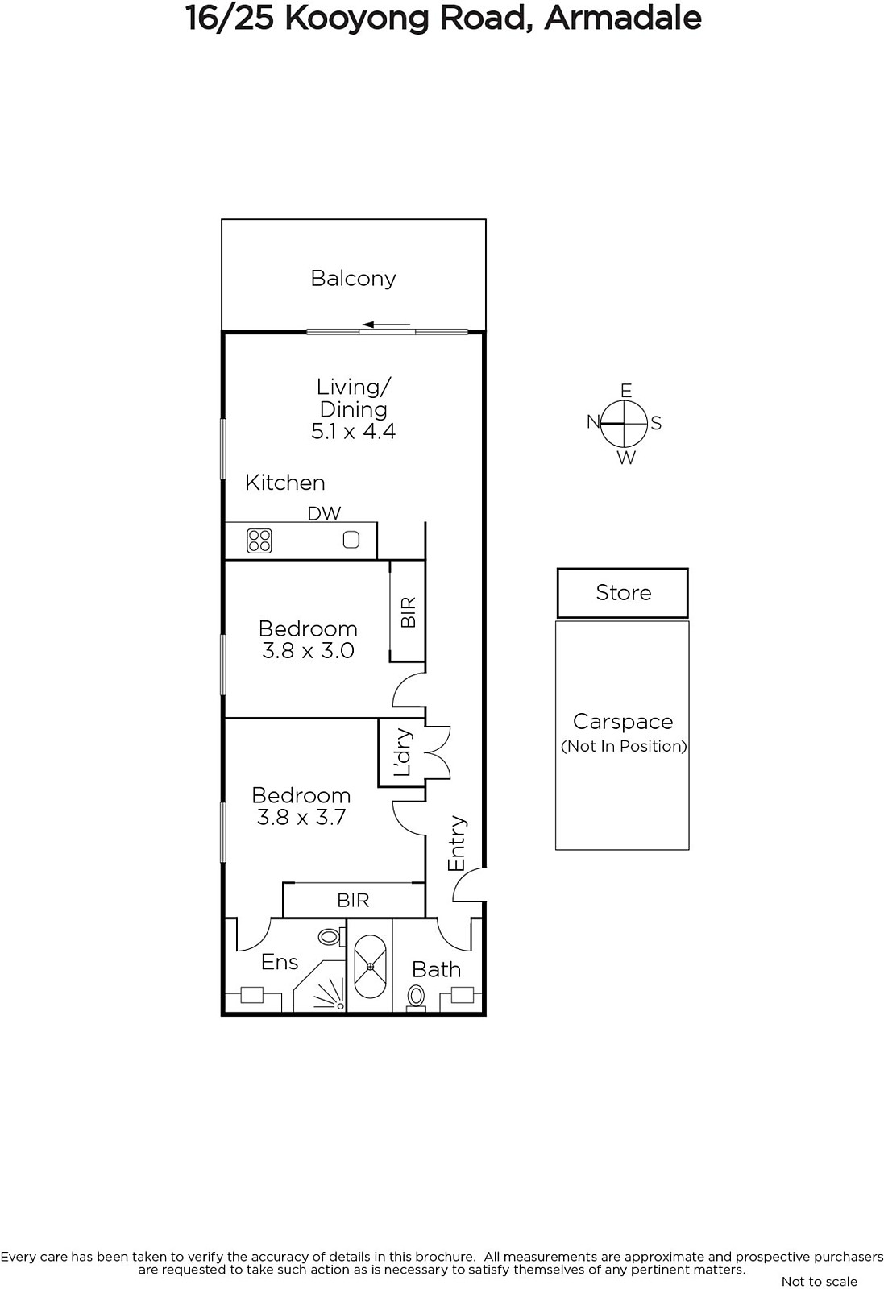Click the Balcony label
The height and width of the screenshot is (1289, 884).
pos(354,279)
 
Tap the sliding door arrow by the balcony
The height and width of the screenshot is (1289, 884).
pos(386,325)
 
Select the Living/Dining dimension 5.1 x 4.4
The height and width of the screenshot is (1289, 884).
pos(354,431)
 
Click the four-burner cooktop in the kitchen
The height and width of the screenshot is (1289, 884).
pos(259,541)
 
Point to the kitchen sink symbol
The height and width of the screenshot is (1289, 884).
pos(351,540)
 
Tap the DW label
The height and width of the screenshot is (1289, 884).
pos(324,513)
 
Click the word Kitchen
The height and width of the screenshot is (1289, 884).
pos(285,483)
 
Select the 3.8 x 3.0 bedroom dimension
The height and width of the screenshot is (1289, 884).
pos(308,651)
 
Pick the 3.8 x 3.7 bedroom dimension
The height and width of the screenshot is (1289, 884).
pos(301,817)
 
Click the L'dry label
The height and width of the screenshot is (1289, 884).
pos(402,752)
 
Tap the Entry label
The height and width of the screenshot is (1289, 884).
pos(456,843)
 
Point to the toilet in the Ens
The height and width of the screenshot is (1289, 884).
pos(331,936)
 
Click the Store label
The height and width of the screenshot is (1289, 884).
pos(623,593)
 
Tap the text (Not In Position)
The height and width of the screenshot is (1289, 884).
pos(624,746)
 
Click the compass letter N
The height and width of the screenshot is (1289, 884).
pos(593,422)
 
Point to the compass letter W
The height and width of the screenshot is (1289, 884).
pos(626,458)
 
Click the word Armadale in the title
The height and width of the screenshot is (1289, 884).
pos(623,18)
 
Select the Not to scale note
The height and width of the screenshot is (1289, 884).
pos(820,1281)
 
